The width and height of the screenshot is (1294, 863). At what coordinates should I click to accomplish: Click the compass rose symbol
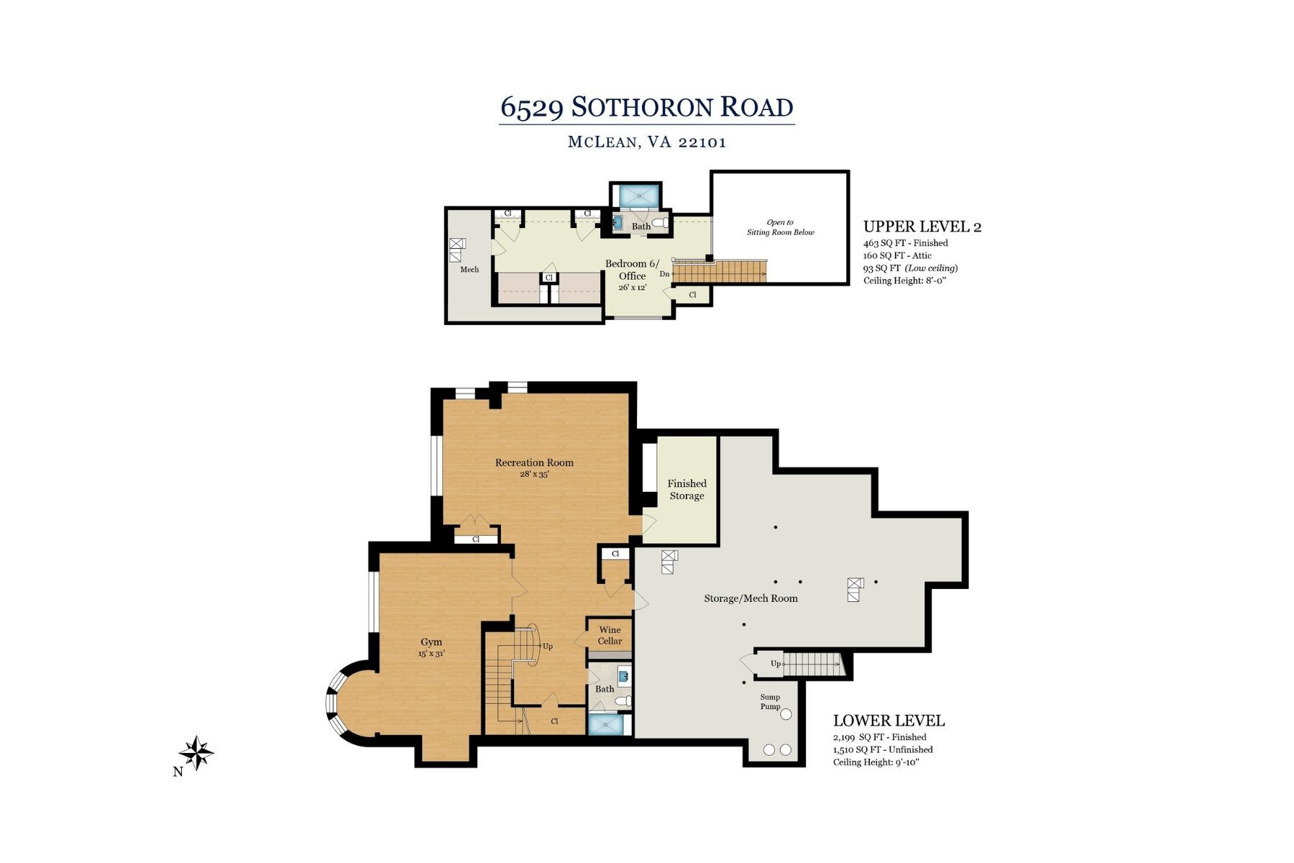[x=196, y=753]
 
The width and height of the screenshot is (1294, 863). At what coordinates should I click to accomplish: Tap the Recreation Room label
[x=534, y=462]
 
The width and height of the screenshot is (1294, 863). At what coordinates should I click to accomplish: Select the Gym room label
[x=431, y=642]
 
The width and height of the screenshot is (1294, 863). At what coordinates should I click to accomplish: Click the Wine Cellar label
[x=610, y=635]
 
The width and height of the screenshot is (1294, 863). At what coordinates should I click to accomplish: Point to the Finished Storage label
[x=687, y=490]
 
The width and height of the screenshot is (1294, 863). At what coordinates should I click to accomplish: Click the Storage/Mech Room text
[x=751, y=598]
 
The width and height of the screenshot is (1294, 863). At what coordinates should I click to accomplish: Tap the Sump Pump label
[x=770, y=701]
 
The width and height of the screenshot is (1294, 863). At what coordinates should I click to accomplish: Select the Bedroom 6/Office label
[x=632, y=270]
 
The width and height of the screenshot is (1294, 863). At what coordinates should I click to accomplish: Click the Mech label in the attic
[x=469, y=270]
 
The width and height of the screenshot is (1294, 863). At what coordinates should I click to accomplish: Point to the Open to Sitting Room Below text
[x=780, y=227]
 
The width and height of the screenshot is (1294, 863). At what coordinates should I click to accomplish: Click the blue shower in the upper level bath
[x=638, y=196]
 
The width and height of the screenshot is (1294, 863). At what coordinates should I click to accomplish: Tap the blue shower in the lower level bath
[x=606, y=725]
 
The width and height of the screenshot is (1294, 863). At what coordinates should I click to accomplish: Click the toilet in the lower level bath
[x=623, y=700]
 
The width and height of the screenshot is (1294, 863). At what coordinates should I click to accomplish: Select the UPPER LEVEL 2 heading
[x=922, y=227]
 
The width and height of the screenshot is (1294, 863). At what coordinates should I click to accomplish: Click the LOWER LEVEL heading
[x=889, y=721]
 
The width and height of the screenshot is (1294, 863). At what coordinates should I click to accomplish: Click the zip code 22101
[x=702, y=142]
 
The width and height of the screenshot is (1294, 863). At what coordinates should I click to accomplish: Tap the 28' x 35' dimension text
[x=534, y=475]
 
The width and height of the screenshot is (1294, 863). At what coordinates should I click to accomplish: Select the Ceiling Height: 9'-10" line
[x=876, y=762]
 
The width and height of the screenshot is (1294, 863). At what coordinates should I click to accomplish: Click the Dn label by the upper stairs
[x=664, y=274]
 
